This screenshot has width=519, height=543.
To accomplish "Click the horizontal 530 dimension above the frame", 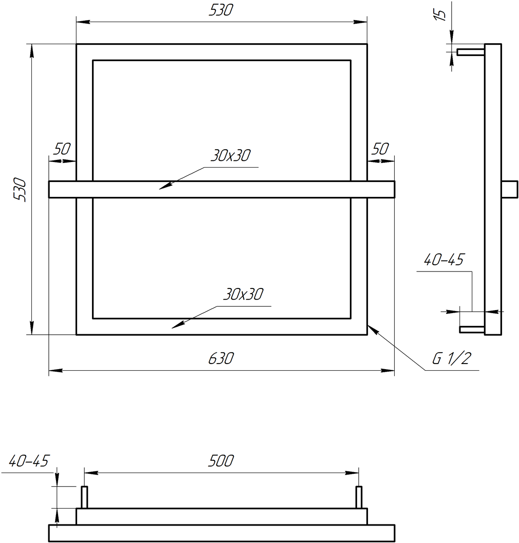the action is coord(220,11).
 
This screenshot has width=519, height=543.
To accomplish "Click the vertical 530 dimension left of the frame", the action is coord(20,189).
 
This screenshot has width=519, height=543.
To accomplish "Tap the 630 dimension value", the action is coord(221,358).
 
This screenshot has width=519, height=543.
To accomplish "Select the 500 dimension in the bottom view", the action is coord(220,461).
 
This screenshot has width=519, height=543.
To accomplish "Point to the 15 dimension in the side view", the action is coord(440,15).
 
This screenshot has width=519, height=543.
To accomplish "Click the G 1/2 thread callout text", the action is coord(452,358).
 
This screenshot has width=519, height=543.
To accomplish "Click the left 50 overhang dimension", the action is coord(61,149).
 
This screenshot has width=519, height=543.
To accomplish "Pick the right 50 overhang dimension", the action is coord(380,149).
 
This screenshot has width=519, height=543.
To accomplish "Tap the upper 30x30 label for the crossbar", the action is coord(230,156).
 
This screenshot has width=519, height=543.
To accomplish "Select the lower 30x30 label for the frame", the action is coord(243,294).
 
